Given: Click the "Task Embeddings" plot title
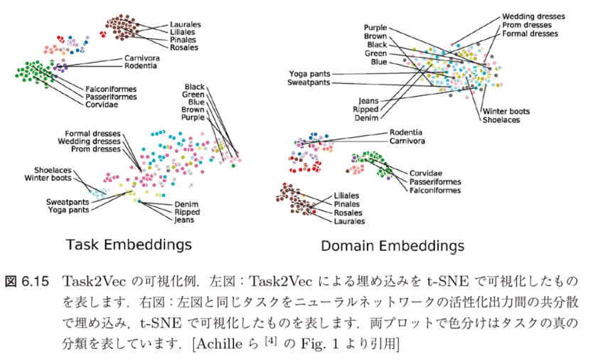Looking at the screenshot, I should (129, 244).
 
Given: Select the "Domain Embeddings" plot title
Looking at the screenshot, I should (392, 246).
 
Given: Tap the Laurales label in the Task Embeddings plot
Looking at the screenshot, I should (184, 23).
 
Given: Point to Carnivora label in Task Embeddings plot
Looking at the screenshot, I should (142, 58).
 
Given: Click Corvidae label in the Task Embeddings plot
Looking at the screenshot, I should (101, 105).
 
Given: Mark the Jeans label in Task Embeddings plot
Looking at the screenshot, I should (185, 220).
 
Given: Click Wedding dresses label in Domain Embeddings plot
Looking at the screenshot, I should (533, 16).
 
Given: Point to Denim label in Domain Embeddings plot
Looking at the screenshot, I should (366, 118).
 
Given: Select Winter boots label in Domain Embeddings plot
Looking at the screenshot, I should (506, 112).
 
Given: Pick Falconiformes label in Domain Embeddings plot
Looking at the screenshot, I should (434, 190).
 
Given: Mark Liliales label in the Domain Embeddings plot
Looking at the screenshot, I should (348, 196).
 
